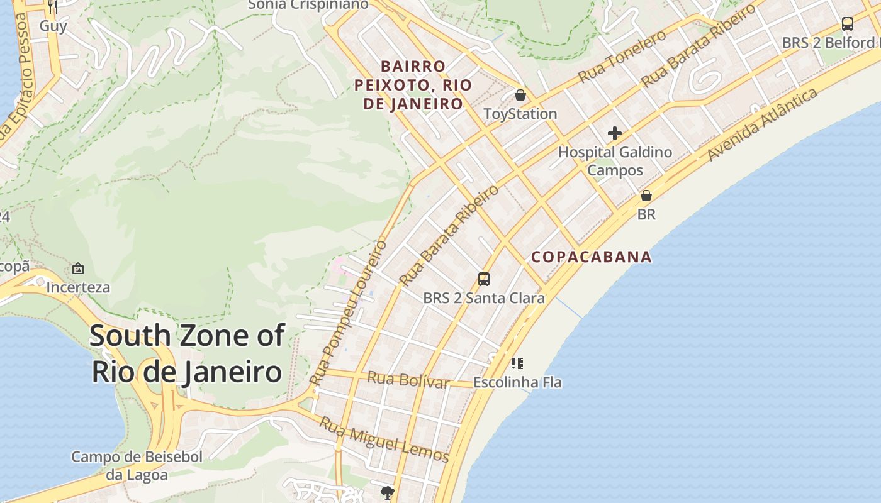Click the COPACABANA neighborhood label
592,257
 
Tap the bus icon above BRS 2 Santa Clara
484,279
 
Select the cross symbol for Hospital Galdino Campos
615,133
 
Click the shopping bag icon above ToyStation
520,96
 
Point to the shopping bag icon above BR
646,196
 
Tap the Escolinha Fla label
517,382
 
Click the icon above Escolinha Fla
517,363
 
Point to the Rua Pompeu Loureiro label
348,312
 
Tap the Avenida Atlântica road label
762,124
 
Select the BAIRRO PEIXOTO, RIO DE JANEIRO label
413,85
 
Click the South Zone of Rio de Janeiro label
186,353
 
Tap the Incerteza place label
79,288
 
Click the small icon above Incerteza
78,268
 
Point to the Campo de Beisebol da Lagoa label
137,466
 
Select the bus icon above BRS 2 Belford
848,24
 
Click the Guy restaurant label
53,26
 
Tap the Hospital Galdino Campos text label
615,161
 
